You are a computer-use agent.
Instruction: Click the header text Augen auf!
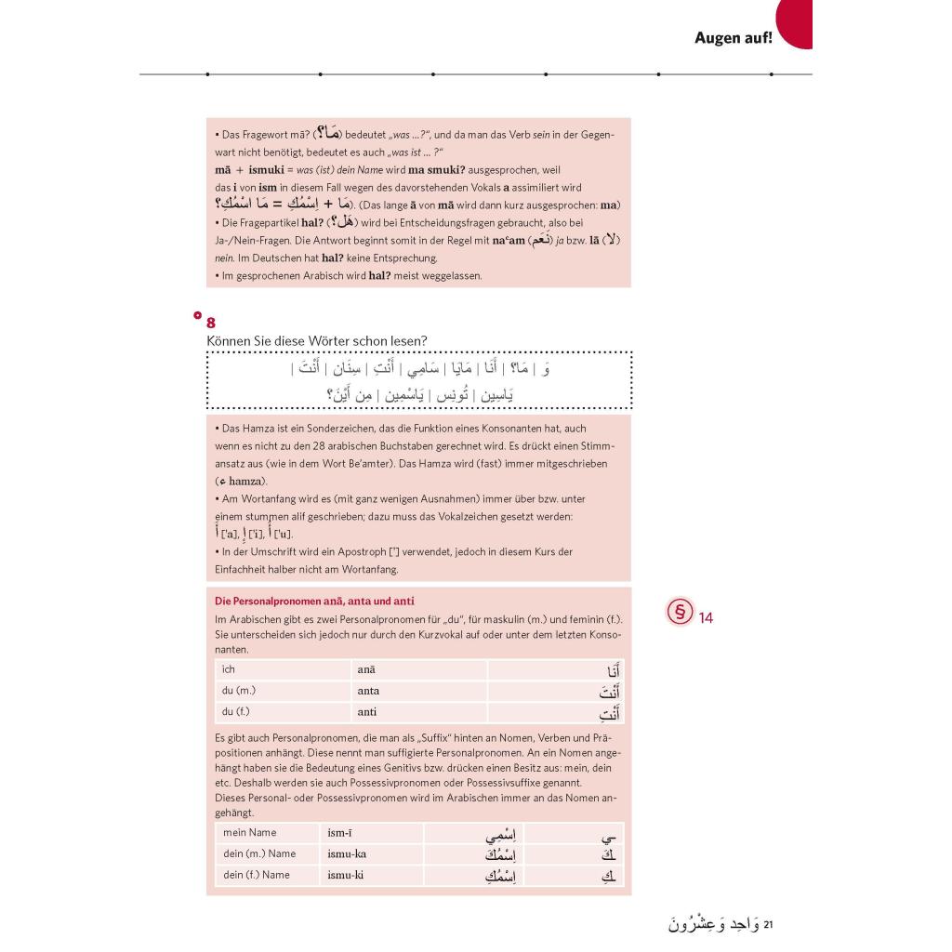pyautogui.click(x=733, y=38)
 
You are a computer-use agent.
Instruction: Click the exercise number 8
pyautogui.click(x=211, y=323)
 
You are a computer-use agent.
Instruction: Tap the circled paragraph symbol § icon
pyautogui.click(x=681, y=614)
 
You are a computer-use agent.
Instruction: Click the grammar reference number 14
pyautogui.click(x=706, y=617)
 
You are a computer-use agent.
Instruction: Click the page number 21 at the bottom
pyautogui.click(x=768, y=925)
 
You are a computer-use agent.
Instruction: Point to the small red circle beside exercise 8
pyautogui.click(x=197, y=315)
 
